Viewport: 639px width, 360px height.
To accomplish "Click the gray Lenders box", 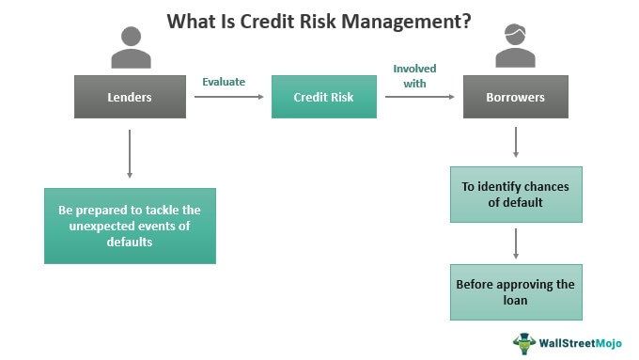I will pos(129,97).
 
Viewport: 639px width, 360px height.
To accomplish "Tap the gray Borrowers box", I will pos(516,97).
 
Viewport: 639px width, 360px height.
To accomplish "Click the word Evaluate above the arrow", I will pos(224,82).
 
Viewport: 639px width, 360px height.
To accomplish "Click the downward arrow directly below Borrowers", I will pos(516,143).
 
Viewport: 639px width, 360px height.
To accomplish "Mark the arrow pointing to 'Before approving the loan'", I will pos(516,244).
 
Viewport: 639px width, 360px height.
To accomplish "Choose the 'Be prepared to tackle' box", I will pos(130,226).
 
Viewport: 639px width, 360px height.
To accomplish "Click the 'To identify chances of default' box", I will pos(516,195).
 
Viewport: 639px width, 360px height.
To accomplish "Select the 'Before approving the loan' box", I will pos(516,293).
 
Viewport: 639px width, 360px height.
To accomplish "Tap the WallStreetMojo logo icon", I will pos(523,342).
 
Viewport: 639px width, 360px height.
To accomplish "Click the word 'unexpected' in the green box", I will pos(100,226).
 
